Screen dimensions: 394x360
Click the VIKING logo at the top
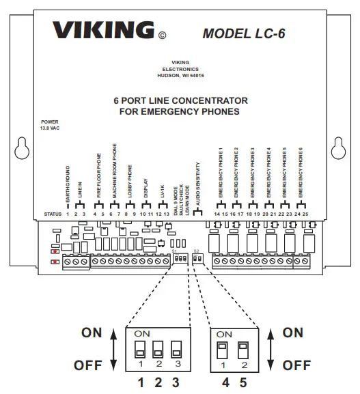(x=103, y=31)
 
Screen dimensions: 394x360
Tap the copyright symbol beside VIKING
(x=162, y=35)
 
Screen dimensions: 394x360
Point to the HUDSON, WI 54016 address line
(x=180, y=76)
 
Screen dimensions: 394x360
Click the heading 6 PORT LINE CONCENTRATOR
(x=180, y=100)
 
